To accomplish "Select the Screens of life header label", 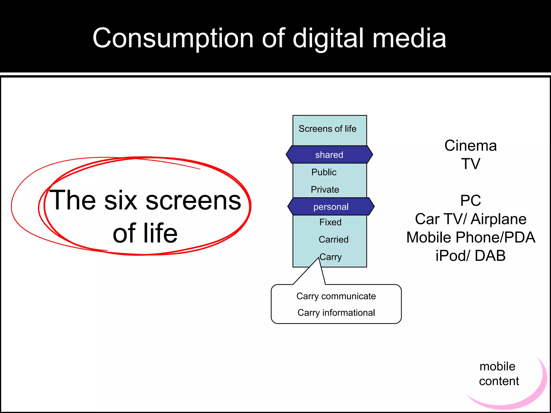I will click(x=327, y=129).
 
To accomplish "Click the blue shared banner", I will click(x=329, y=155).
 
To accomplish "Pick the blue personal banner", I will click(x=331, y=207).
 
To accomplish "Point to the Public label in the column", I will click(x=324, y=172).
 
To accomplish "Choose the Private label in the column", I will click(x=325, y=190).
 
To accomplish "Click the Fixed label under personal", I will click(x=330, y=222).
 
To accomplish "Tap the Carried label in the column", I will click(x=334, y=239).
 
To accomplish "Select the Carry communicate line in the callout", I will click(x=336, y=296).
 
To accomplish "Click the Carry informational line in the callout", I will click(x=336, y=313).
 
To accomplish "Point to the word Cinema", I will click(x=471, y=146).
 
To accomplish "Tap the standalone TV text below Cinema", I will click(x=471, y=164).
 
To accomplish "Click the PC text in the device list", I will click(x=471, y=201).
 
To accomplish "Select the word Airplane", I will click(x=498, y=219).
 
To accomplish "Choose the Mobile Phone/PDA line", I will click(x=471, y=237).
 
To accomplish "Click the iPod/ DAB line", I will click(x=471, y=256).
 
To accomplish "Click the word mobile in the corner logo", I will click(x=497, y=366).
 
